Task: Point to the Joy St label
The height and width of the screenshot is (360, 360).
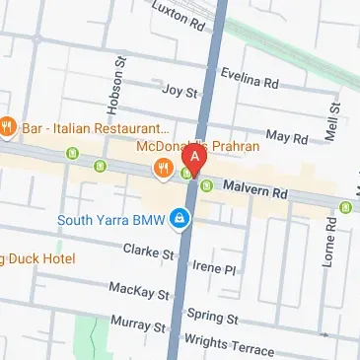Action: coord(180,92)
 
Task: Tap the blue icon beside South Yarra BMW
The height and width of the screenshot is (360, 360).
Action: coord(180,218)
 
